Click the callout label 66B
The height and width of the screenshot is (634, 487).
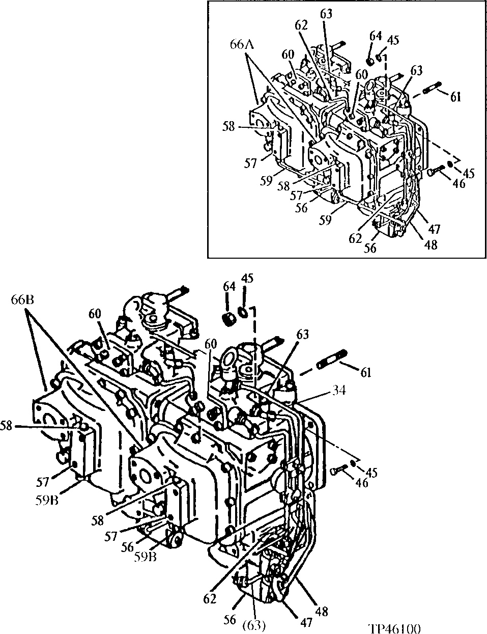click(x=23, y=299)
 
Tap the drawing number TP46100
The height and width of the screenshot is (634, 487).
click(x=394, y=628)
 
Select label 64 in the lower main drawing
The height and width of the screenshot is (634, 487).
click(x=230, y=286)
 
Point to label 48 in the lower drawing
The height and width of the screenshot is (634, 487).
click(x=322, y=611)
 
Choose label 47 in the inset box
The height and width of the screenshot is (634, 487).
click(x=435, y=229)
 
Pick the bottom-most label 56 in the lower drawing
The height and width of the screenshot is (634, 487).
click(x=230, y=619)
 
